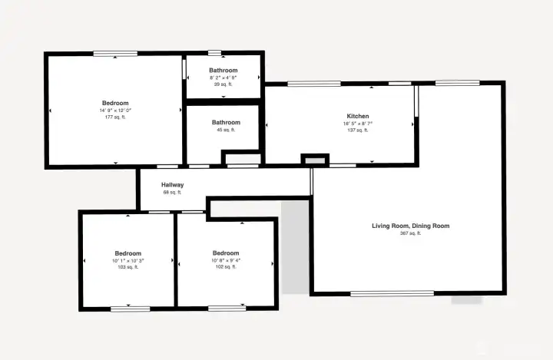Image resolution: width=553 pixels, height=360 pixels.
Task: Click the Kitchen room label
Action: (x=357, y=116)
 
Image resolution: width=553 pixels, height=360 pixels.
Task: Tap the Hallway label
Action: (x=172, y=185)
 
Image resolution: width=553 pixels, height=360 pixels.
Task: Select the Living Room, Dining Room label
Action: (x=410, y=226)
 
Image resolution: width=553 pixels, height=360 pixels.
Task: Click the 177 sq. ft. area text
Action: (x=115, y=118)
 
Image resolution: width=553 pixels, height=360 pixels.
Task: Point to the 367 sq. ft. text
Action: (x=410, y=233)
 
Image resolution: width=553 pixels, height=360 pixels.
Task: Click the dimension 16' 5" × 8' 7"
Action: (x=357, y=124)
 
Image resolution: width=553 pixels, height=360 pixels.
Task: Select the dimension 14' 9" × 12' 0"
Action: (x=115, y=111)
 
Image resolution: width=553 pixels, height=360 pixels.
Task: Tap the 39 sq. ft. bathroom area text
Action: (x=224, y=84)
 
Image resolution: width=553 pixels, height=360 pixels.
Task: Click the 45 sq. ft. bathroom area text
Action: (x=226, y=130)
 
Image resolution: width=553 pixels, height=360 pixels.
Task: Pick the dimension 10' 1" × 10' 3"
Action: (x=128, y=261)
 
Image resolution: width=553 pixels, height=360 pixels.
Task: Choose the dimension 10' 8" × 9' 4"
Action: (x=226, y=261)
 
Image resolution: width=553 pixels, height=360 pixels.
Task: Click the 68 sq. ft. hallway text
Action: (x=172, y=193)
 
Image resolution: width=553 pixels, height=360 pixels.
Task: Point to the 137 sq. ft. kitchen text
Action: (x=357, y=130)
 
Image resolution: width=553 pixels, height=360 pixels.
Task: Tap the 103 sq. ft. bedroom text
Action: (x=128, y=268)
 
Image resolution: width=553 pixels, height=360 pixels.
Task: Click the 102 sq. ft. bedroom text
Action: (x=226, y=268)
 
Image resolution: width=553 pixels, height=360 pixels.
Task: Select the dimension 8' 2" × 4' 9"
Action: (x=224, y=78)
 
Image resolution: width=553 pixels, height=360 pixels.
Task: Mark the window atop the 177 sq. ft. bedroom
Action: (x=116, y=53)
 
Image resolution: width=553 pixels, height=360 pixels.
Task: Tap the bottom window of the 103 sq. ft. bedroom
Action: (x=130, y=309)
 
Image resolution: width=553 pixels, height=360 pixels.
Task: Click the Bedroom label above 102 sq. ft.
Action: (x=226, y=253)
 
